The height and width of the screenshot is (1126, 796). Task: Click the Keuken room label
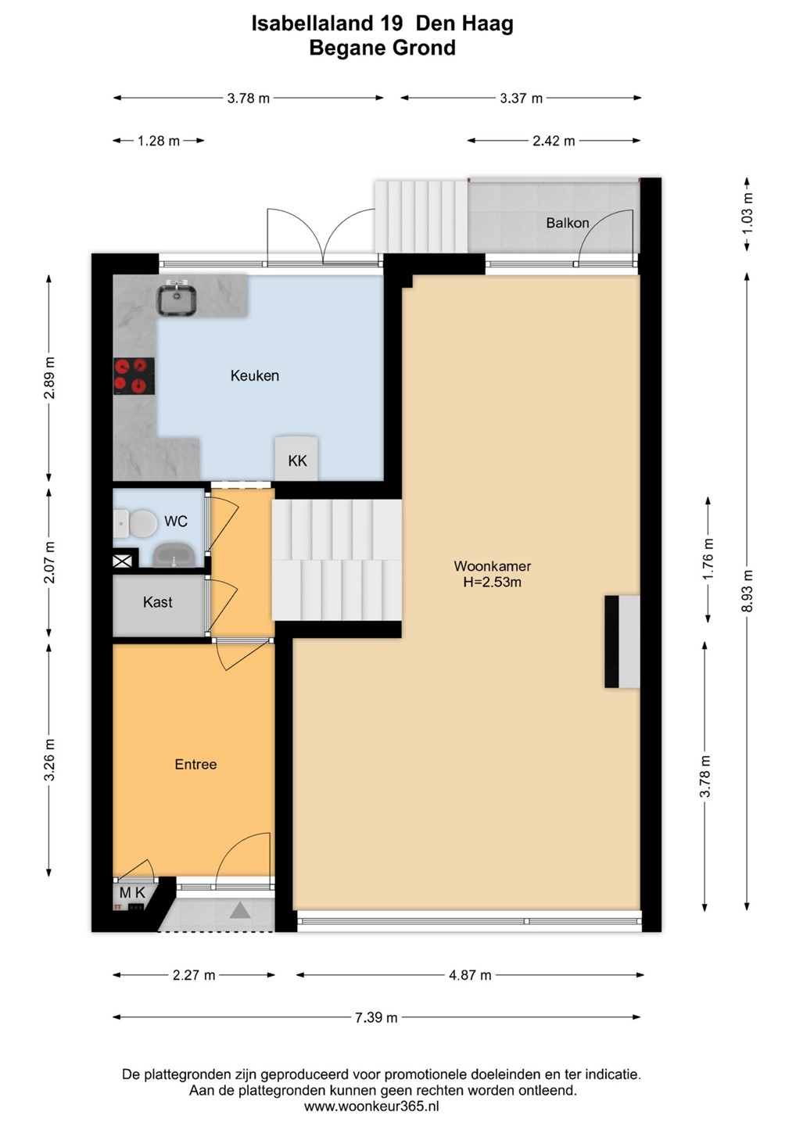255,376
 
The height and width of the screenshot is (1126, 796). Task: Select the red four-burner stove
134,376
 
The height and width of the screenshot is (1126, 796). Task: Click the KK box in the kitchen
296,458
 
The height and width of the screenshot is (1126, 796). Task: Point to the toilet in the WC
136,523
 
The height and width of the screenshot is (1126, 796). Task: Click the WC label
176,522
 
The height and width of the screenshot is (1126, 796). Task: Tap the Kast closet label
158,602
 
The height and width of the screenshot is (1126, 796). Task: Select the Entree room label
195,765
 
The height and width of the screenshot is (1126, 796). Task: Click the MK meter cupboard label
132,892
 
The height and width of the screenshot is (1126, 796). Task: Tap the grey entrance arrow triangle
240,910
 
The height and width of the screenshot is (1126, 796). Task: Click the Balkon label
568,223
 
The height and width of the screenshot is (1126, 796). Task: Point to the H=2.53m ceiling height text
492,583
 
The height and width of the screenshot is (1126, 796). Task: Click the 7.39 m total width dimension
376,1017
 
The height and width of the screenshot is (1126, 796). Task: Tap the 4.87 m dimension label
470,976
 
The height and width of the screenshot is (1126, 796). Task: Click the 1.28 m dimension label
159,142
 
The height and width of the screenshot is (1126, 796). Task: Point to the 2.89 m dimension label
49,378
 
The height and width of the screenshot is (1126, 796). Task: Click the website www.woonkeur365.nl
371,1106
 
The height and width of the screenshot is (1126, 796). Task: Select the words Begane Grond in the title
382,48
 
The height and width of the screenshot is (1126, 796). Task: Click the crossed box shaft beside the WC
123,561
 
